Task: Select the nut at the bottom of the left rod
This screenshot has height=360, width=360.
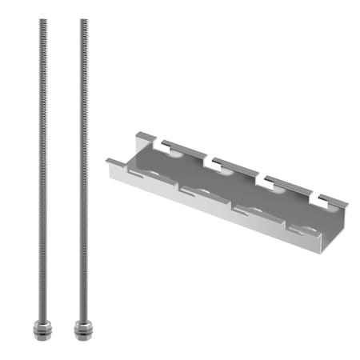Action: (x=40, y=327)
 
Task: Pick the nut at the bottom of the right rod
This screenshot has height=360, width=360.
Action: (x=83, y=327)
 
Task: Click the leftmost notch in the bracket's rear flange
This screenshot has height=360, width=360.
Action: (x=165, y=146)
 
